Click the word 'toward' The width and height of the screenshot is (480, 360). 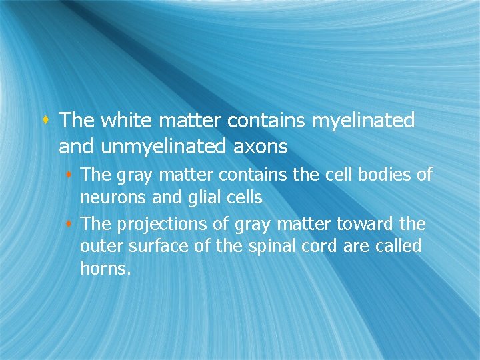370,224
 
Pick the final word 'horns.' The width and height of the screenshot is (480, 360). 105,269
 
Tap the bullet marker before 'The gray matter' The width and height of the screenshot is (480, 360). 71,175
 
